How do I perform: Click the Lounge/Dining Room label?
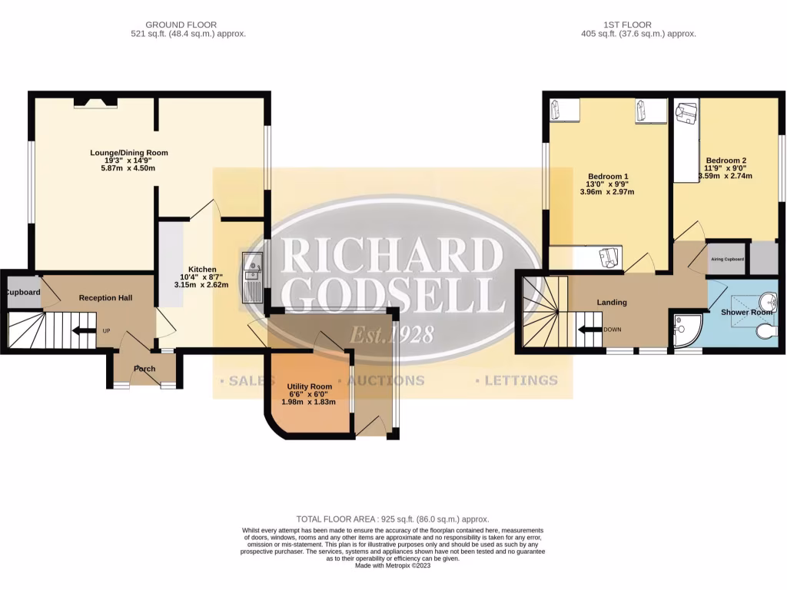click(x=129, y=153)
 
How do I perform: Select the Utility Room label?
click(x=309, y=386)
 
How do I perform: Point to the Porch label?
click(x=144, y=369)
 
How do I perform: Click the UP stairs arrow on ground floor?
click(x=79, y=331)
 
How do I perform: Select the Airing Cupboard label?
click(x=727, y=260)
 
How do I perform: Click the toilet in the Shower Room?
click(x=765, y=331)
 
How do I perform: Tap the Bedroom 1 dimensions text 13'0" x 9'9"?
click(x=607, y=184)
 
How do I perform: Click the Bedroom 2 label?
click(x=726, y=161)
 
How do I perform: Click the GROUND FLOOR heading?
click(x=181, y=25)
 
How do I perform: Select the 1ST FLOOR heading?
click(x=639, y=25)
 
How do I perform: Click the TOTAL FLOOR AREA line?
click(x=393, y=519)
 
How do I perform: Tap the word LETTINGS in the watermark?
click(x=520, y=380)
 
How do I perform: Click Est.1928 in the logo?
click(x=393, y=335)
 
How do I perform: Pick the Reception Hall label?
click(x=105, y=297)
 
